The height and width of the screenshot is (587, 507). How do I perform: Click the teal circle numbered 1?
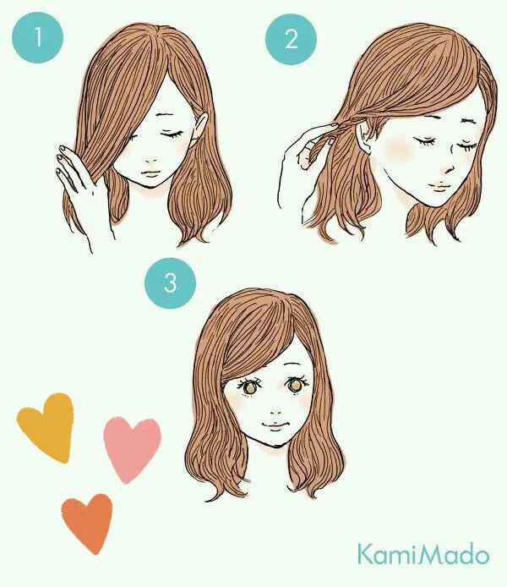tap(36, 38)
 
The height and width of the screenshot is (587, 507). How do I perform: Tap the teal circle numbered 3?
tap(171, 283)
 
